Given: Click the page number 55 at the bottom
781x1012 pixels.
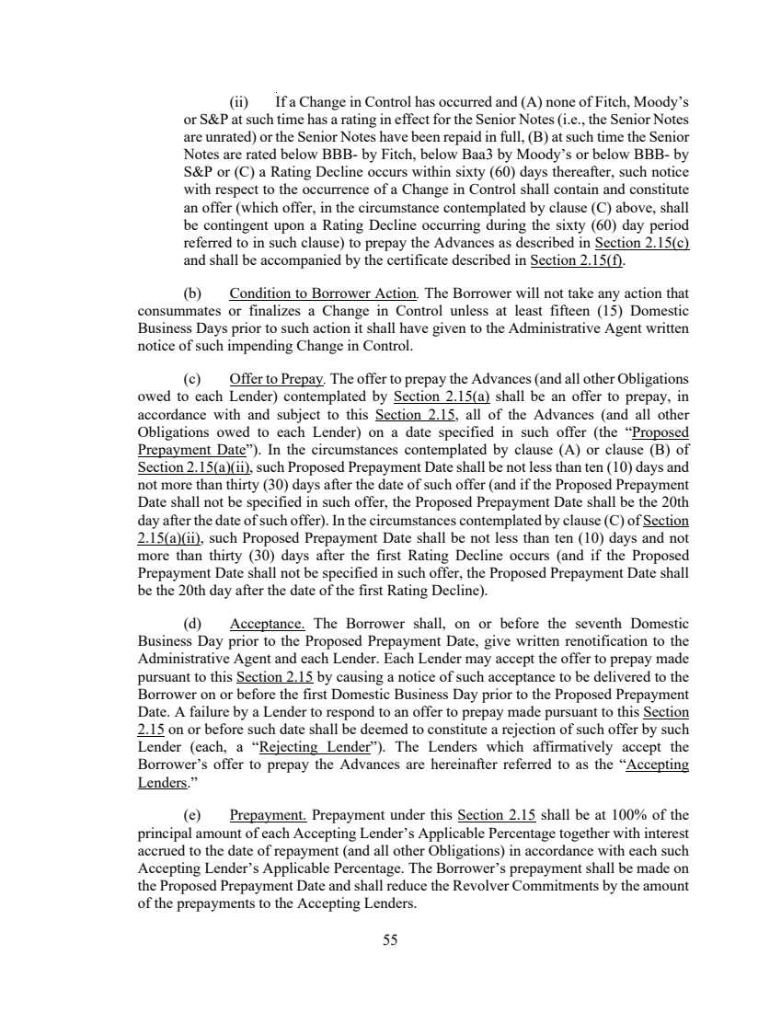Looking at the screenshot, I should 390,939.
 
